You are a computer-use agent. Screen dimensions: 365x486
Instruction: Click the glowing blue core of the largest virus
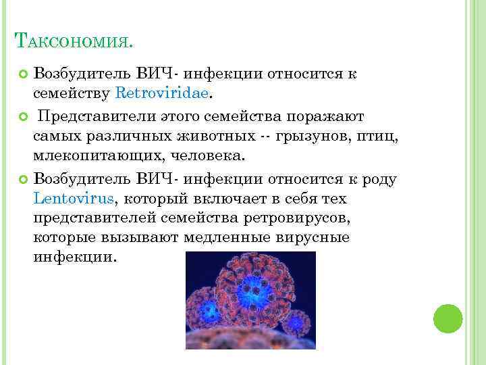pos(256,291)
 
